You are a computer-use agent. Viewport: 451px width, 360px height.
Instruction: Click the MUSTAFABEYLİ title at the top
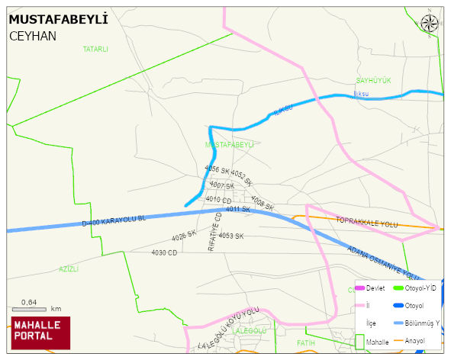[x=58, y=19]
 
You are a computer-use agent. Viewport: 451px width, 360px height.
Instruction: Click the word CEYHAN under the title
[x=33, y=36]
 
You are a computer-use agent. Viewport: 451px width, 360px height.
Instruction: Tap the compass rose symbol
[x=430, y=23]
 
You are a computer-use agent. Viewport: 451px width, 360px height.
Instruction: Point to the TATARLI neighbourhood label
[x=95, y=49]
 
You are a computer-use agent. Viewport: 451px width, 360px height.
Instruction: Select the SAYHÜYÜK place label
[x=373, y=80]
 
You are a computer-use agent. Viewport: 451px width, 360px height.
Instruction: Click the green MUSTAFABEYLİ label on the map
[x=230, y=143]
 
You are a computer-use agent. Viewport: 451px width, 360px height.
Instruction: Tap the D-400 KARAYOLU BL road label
[x=114, y=219]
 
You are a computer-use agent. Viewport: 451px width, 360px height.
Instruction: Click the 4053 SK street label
[x=230, y=236]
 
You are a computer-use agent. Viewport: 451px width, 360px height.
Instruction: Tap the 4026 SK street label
[x=184, y=236]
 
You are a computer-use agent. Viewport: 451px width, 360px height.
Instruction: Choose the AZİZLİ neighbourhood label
[x=69, y=269]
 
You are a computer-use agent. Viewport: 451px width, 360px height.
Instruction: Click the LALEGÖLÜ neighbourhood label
[x=250, y=331]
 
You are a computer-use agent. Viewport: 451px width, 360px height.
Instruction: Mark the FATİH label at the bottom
[x=306, y=343]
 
